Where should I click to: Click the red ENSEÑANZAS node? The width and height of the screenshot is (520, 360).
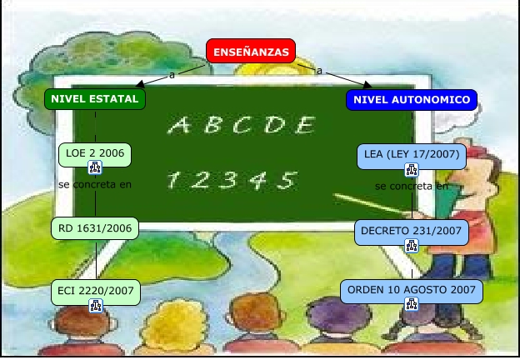251,52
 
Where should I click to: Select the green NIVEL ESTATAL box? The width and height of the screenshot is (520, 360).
94,99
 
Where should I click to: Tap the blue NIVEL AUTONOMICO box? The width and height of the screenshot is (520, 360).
412,100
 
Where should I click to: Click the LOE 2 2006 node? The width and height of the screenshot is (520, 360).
95,153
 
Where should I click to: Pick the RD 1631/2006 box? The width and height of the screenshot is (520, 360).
95,227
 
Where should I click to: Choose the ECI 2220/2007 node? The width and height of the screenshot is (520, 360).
95,291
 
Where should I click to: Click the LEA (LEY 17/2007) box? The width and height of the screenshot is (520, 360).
410,154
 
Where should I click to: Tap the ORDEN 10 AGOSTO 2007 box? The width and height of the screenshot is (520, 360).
412,291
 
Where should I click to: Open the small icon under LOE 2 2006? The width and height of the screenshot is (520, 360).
95,168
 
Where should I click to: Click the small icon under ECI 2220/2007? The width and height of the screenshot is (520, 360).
95,306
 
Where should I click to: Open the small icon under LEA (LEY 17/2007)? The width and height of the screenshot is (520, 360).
411,169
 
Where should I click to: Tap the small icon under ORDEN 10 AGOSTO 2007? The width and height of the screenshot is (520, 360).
412,306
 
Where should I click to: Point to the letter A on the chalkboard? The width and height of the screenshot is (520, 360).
179,126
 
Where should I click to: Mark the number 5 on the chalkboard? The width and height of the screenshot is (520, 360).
287,178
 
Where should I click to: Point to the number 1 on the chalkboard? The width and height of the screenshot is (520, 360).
173,179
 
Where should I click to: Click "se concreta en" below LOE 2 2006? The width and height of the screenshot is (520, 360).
95,184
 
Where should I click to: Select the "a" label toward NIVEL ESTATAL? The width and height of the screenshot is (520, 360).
172,74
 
